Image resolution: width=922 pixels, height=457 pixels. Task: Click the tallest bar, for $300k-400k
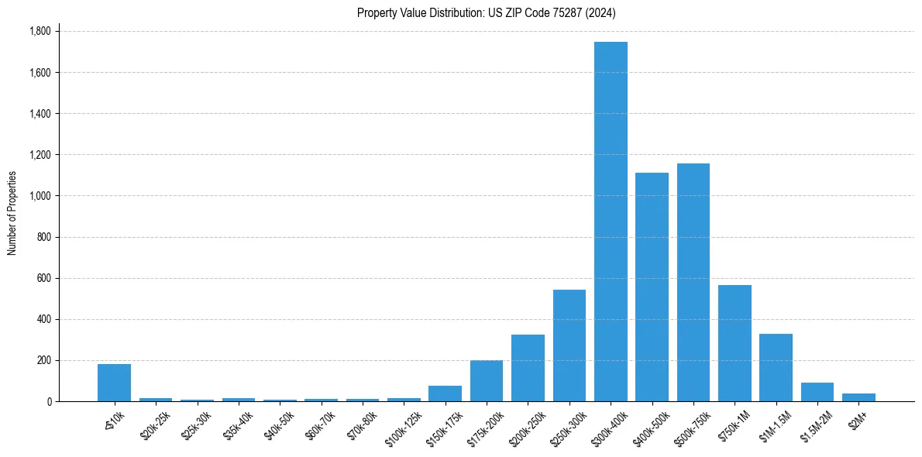coord(611,222)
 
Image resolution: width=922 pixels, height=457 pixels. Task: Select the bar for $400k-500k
coord(652,287)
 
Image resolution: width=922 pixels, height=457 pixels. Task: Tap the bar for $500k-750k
coord(693,282)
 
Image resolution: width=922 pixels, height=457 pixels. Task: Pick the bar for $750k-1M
coord(735,343)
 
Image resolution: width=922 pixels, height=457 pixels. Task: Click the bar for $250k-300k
coord(569,345)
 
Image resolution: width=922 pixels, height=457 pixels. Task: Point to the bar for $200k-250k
coord(528,368)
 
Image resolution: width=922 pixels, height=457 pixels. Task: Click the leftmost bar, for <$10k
coord(114,383)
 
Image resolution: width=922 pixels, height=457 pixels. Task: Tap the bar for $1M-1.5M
coord(776,367)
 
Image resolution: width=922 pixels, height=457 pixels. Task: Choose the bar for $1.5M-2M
coord(817,392)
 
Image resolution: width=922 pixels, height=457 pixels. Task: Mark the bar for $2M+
coord(858,397)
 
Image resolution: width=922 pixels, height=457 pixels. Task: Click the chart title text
coord(487,12)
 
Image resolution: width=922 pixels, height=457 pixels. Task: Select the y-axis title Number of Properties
coord(12,213)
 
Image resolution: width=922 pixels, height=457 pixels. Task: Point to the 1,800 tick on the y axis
coord(40,32)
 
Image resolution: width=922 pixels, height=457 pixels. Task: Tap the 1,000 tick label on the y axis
coord(40,196)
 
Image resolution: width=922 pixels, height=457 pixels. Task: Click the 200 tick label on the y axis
coord(44,360)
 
